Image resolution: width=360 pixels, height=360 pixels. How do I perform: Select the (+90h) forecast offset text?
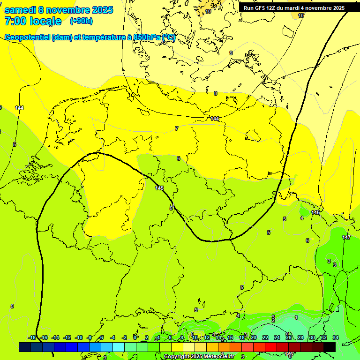click(x=81, y=21)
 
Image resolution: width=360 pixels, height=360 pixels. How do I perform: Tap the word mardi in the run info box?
click(x=295, y=8)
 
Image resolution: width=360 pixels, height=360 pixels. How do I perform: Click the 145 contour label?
click(x=159, y=188)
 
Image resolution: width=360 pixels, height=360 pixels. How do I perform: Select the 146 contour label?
click(x=315, y=212)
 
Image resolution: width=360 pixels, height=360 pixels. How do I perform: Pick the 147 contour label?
click(x=346, y=237)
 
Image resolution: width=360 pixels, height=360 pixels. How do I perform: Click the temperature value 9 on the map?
click(x=231, y=53)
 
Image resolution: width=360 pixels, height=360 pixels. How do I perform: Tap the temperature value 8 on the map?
click(x=216, y=93)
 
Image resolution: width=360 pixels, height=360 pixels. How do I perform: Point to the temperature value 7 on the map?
click(x=177, y=128)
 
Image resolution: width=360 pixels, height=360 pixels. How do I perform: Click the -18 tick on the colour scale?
click(x=32, y=337)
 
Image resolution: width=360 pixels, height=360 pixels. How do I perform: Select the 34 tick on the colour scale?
click(x=336, y=337)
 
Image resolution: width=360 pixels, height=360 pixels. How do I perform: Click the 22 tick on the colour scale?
click(x=265, y=337)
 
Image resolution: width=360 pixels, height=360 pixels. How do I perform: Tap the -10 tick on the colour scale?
click(x=79, y=337)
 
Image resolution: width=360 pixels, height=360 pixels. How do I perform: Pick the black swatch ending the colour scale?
click(x=330, y=347)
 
